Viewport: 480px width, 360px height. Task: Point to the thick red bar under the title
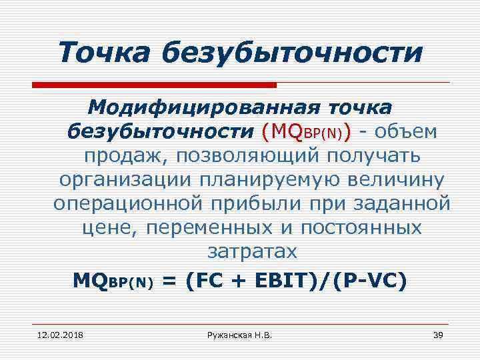coord(154,85)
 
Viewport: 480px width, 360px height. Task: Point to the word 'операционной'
coord(127,204)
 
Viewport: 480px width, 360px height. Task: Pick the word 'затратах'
coord(252,252)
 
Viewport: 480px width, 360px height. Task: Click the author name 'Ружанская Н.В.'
coord(240,333)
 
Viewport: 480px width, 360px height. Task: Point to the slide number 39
coord(438,333)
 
